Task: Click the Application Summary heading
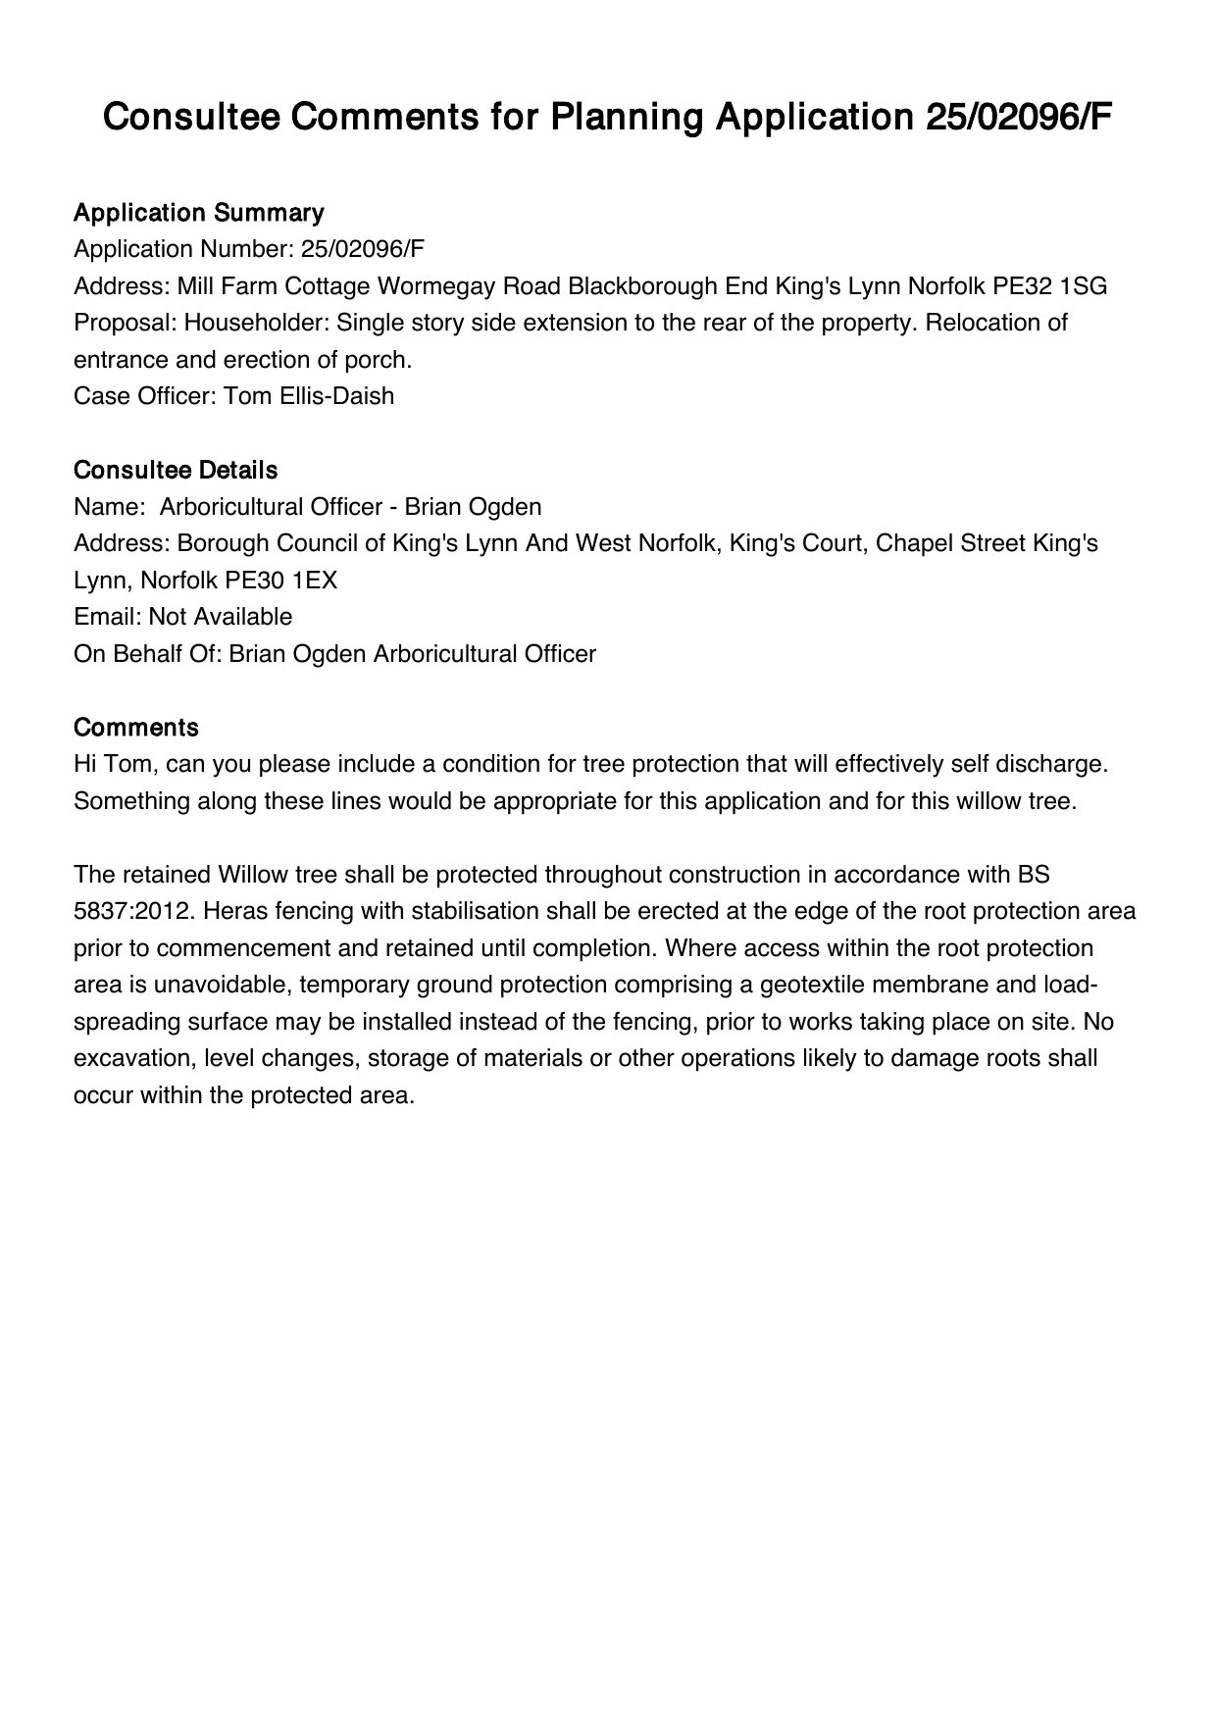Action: [198, 213]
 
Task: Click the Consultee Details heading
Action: [176, 470]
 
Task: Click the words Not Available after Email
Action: [221, 617]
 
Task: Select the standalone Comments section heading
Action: [136, 728]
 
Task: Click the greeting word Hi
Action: [85, 764]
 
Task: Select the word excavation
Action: [127, 1058]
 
